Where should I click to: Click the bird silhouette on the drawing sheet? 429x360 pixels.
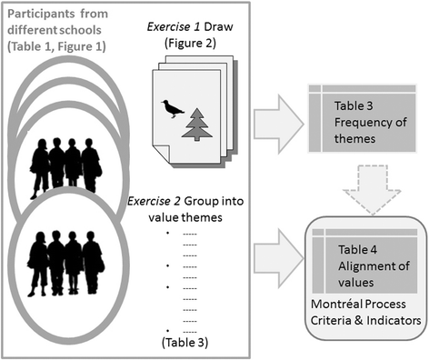(169, 107)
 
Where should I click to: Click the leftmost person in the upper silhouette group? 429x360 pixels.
(41, 167)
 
